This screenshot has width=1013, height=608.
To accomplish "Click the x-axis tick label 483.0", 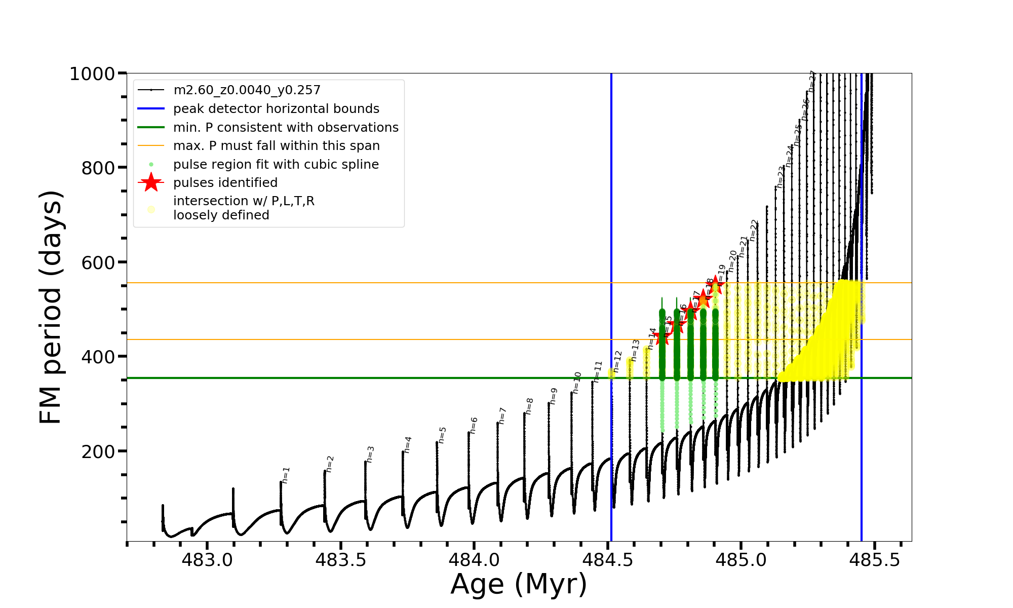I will (207, 560).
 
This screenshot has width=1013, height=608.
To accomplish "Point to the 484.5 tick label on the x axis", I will (607, 560).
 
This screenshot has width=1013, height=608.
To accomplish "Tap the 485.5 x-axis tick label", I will (875, 560).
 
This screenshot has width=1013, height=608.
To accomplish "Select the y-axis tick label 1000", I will (92, 74).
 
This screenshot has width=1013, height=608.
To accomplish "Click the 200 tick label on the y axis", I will (98, 451).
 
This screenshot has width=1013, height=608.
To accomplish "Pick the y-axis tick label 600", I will (98, 262).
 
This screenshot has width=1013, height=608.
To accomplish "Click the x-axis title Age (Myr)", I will (519, 584).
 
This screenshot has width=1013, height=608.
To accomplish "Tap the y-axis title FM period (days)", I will (51, 307).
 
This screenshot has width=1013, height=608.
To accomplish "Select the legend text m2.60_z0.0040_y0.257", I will (247, 90).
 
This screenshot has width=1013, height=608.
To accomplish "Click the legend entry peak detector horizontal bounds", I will (276, 109).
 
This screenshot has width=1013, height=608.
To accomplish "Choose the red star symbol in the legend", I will (151, 182).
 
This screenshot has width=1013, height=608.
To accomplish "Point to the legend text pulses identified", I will (225, 183).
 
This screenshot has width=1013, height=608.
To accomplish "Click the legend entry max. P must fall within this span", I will (276, 146).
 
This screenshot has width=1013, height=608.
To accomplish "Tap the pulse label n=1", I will (286, 475).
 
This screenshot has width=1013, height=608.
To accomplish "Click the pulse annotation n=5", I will (442, 435).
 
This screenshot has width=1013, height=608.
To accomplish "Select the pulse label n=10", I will (577, 383).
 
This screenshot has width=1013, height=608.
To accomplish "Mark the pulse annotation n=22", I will (754, 230).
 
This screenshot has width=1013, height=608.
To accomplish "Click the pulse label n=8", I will (529, 406).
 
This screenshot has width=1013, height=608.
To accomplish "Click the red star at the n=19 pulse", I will (715, 285).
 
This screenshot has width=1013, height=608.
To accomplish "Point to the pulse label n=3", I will (370, 454).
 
